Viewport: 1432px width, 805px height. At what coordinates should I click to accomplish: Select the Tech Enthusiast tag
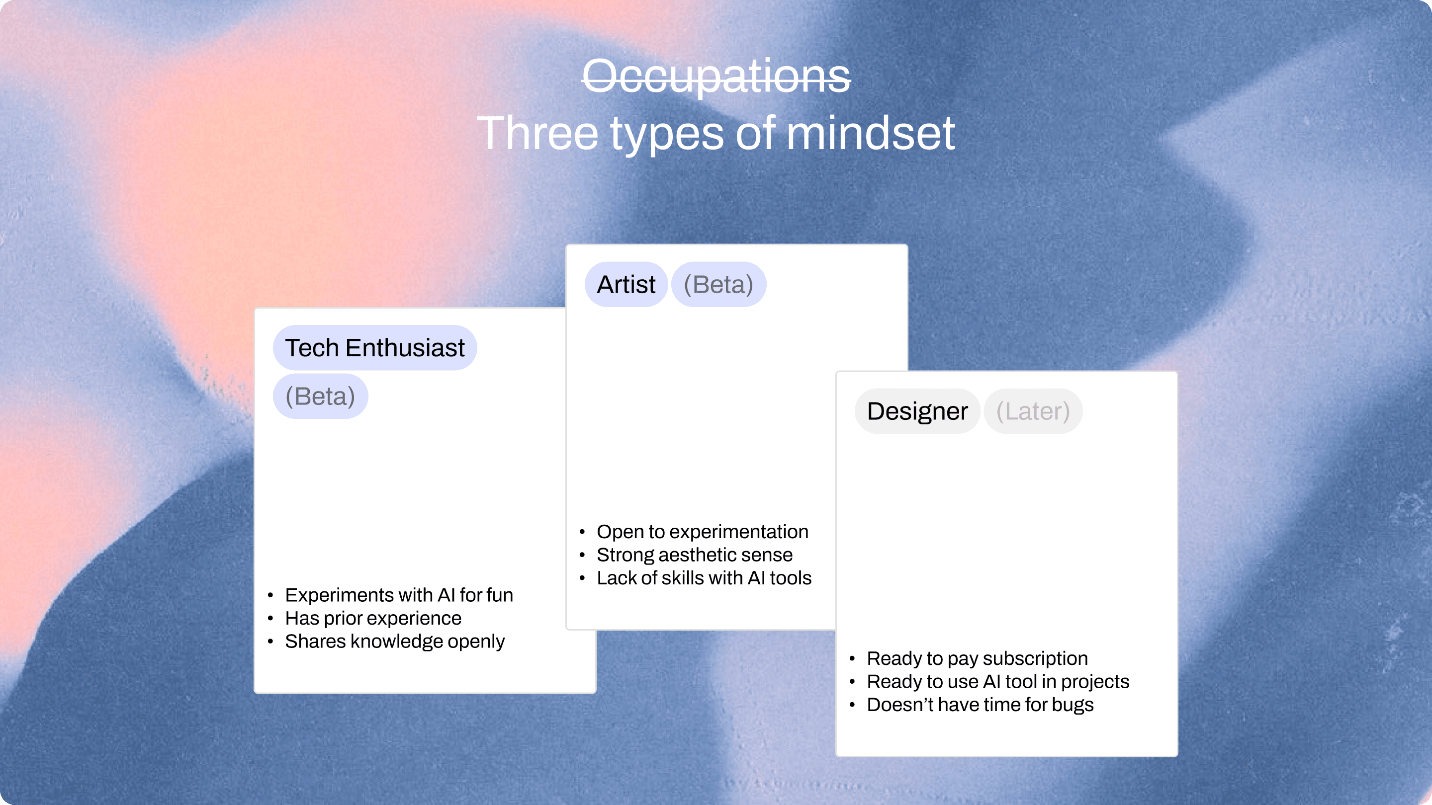coord(375,348)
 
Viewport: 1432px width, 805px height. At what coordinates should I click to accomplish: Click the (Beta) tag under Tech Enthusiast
coord(320,396)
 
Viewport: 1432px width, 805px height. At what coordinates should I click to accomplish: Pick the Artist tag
coord(626,284)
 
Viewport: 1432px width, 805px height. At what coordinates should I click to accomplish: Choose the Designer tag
coord(917,411)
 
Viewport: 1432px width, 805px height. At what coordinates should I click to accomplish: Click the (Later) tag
coord(1033,411)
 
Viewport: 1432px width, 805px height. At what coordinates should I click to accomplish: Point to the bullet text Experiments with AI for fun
coord(399,595)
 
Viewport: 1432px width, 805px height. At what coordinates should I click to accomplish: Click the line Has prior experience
coord(373,618)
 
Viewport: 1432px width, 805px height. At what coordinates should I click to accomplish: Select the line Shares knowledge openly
coord(395,642)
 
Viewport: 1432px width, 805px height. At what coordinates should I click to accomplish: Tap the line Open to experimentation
coord(703,532)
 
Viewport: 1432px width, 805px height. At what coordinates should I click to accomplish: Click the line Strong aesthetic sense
coord(694,555)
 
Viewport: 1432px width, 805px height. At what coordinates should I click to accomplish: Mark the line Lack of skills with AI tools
coord(704,578)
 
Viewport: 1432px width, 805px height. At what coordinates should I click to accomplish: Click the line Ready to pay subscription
coord(977,658)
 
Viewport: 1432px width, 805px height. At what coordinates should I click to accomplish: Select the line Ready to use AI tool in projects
coord(998,682)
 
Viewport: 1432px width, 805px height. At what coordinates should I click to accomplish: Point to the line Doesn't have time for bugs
coord(980,705)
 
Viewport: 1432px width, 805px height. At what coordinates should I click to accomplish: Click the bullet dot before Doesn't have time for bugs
coord(852,705)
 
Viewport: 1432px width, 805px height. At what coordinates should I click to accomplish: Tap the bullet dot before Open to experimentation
coord(582,532)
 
